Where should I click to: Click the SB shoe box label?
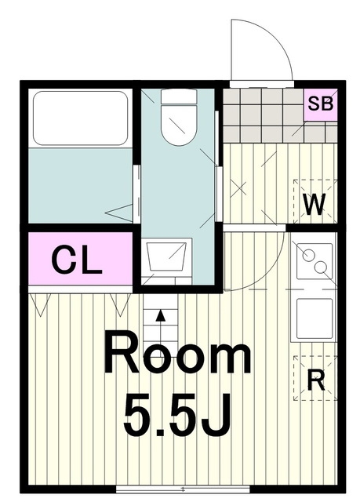[320, 104]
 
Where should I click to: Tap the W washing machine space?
[315, 201]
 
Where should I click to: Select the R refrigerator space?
[315, 378]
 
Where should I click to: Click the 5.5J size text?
[177, 416]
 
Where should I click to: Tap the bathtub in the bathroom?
[80, 118]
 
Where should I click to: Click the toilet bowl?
[179, 125]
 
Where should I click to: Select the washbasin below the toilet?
[166, 256]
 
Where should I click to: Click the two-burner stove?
[315, 261]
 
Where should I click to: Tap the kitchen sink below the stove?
[315, 318]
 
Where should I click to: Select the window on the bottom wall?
[183, 489]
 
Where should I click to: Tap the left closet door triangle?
[40, 305]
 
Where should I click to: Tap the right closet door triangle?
[120, 305]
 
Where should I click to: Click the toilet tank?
[179, 96]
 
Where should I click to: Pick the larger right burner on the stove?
[320, 267]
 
